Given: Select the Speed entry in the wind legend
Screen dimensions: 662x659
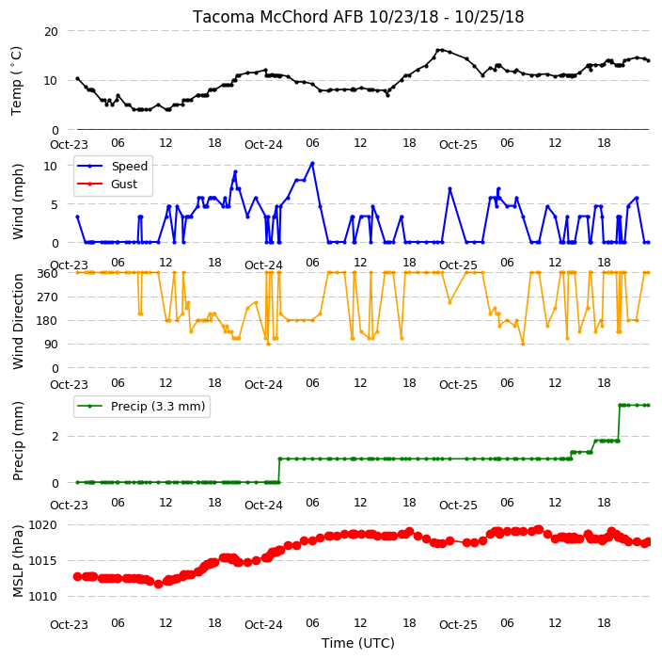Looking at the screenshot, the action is [x=129, y=166].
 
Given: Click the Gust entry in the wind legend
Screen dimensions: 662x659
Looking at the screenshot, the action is [x=124, y=185].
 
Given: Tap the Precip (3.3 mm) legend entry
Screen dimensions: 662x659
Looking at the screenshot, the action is [x=158, y=406].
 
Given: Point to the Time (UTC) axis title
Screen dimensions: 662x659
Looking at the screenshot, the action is [x=358, y=643].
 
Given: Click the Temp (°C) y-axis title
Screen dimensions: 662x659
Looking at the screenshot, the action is [x=16, y=81].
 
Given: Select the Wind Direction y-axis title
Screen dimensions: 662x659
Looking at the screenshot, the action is [x=18, y=321].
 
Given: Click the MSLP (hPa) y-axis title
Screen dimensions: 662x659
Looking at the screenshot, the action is [x=18, y=561].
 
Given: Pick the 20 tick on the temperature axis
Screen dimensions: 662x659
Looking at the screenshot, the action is [x=51, y=32].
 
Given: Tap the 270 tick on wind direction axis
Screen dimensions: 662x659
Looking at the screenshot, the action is [x=48, y=297].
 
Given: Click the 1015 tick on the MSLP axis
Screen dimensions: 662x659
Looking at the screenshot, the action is [x=42, y=561].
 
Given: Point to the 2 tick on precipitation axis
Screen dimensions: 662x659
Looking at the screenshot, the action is [x=55, y=437].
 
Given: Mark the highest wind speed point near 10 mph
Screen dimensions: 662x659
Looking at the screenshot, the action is [x=312, y=164].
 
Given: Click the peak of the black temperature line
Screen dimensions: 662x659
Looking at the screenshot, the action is [x=438, y=50].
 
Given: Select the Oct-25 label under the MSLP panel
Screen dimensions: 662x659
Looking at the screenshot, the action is [x=458, y=625].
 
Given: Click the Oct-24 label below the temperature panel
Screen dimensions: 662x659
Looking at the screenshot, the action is [x=263, y=145].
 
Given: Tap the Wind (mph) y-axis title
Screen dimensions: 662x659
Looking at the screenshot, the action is [x=18, y=202].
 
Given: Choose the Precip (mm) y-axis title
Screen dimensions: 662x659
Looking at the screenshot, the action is [x=18, y=441].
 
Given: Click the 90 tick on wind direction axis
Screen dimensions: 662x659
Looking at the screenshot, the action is [x=51, y=345].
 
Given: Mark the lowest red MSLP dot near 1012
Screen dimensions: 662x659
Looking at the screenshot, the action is [x=158, y=585].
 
